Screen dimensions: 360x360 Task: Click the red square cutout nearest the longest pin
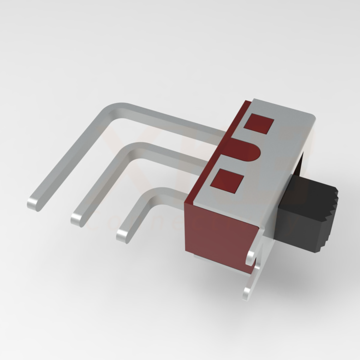pyautogui.click(x=259, y=124)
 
